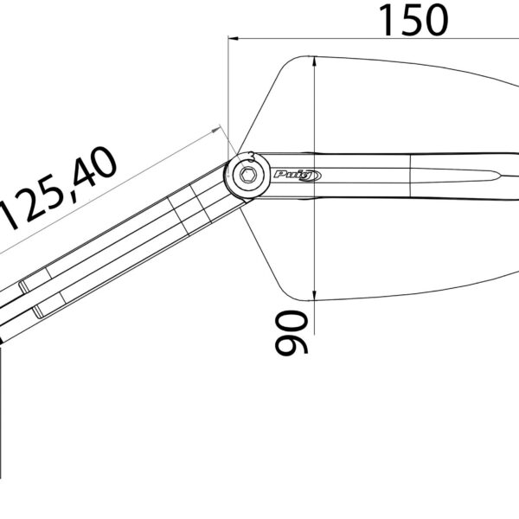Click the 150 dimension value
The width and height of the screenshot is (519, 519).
413,20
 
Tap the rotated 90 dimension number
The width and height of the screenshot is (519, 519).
292,333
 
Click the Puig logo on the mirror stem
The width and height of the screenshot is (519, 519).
298,176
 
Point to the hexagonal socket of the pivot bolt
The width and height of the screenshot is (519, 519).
247,175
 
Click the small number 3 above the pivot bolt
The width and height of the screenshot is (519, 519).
252,157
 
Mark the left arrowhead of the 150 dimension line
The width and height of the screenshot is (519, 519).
234,38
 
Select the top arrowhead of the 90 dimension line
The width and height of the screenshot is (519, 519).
315,62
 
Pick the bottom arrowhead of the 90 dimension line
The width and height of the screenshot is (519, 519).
315,296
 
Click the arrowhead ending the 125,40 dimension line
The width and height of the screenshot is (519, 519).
215,130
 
